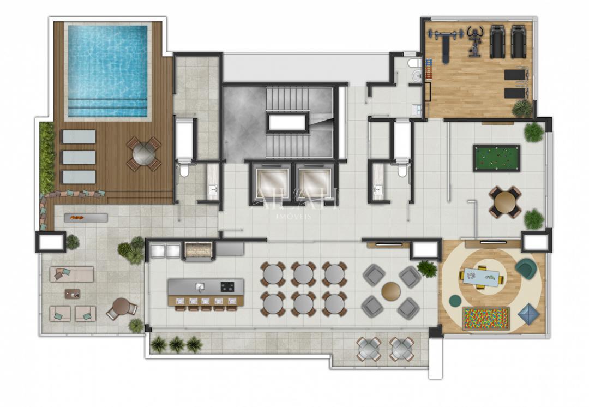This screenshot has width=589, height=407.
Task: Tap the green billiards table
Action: coord(496,158)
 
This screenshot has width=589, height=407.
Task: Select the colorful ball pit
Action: coord(486,319)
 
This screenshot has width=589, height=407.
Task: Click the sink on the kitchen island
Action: coord(200,286)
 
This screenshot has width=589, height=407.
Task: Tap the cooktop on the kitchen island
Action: coord(227,286)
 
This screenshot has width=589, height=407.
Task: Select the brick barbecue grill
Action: coord(197,250)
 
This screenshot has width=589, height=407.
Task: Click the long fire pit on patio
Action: coord(86,218)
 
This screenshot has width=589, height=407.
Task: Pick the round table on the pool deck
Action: coord(144,154)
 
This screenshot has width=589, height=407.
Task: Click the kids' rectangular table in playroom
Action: coord(482,278)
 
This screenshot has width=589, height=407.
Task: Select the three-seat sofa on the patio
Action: coord(71,274)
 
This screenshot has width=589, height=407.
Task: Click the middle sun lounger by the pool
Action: coord(79,157)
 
